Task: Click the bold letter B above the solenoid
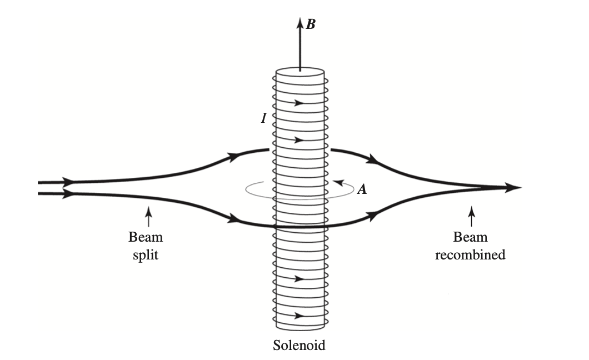(311, 25)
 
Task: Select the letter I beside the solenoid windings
(264, 118)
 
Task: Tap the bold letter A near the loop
(362, 190)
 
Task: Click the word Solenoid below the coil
(299, 346)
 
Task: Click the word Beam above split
(146, 237)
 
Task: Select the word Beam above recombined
(470, 237)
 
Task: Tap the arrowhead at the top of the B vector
(300, 23)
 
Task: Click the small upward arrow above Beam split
(147, 212)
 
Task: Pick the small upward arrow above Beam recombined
(472, 212)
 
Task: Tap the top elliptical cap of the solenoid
(300, 73)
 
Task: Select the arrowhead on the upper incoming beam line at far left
(68, 182)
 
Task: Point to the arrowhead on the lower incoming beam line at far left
(68, 194)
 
